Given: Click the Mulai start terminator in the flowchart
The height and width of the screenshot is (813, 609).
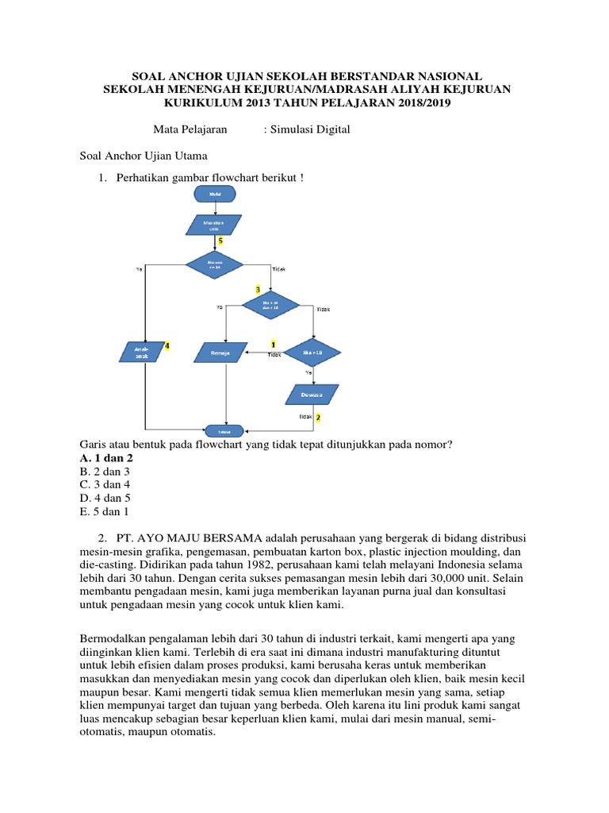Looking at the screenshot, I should point(215,194).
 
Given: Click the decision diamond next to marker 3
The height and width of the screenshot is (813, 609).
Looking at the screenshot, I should point(270,304).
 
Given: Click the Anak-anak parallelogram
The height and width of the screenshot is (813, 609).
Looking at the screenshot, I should point(143,352).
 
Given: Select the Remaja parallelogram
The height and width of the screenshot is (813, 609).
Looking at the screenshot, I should point(221,353).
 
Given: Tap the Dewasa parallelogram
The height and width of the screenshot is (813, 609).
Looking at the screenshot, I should point(311,395).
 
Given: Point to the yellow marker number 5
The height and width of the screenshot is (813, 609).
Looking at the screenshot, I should point(220,240).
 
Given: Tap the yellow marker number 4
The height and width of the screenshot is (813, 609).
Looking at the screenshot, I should point(167,345).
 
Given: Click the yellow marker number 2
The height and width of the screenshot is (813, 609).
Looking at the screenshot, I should point(318,417).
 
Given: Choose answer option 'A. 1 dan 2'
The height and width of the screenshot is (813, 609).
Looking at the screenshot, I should point(107,458).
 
